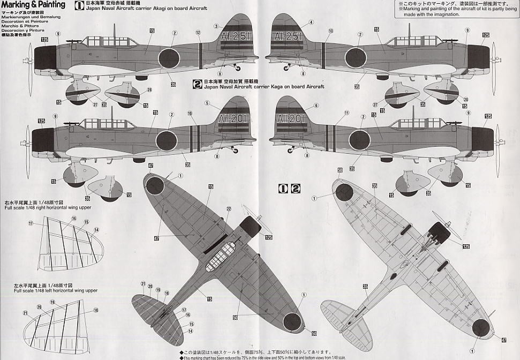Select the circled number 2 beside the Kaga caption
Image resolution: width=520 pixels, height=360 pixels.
tap(198, 84)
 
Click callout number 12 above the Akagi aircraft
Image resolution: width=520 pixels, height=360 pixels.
tap(198, 33)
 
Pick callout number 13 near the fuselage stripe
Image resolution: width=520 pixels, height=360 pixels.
tap(330, 32)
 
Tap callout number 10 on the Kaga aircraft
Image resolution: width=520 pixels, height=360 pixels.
tap(189, 114)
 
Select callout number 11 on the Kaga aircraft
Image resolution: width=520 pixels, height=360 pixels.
tap(346, 113)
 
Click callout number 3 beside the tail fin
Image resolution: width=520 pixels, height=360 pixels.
tap(217, 26)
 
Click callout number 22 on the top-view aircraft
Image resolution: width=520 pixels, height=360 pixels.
tap(228, 208)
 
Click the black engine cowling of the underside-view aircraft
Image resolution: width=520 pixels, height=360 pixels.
tap(440, 231)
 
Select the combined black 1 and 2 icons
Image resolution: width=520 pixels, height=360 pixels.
tap(289, 188)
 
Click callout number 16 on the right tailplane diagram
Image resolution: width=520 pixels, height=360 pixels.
tap(73, 219)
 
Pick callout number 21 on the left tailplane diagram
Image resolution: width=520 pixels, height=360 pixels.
tap(25, 313)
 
